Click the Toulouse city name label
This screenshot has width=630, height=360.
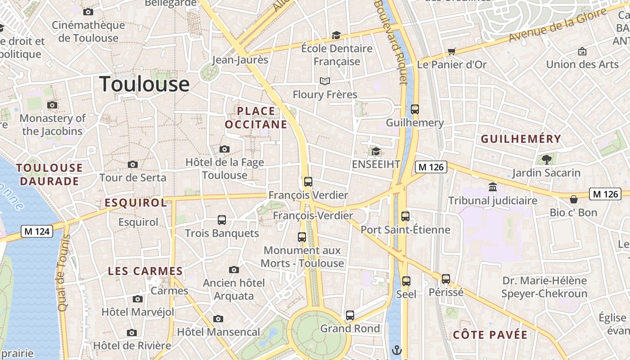(x=144, y=84)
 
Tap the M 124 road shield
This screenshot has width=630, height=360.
(x=37, y=232)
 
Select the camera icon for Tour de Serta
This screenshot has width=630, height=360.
(x=133, y=165)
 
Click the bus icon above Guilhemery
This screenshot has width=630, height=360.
(x=415, y=109)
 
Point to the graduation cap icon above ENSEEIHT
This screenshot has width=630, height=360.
(x=376, y=151)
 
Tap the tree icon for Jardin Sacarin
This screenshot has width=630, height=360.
(x=547, y=159)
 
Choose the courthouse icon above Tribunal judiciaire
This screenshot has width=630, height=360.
(x=493, y=187)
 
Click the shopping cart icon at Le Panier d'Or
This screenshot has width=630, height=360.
(x=452, y=51)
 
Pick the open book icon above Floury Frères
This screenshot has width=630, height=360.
(x=325, y=81)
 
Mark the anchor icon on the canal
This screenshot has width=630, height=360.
(x=397, y=350)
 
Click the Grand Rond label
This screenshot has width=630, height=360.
(x=350, y=328)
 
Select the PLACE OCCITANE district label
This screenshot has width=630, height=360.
(x=256, y=117)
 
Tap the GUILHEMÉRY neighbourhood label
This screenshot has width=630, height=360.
(x=521, y=139)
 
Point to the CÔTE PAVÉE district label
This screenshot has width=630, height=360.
(x=490, y=335)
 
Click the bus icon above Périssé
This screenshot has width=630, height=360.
(x=446, y=279)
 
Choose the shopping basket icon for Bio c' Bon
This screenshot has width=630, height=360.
(x=574, y=199)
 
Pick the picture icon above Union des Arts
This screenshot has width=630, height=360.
(x=582, y=51)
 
